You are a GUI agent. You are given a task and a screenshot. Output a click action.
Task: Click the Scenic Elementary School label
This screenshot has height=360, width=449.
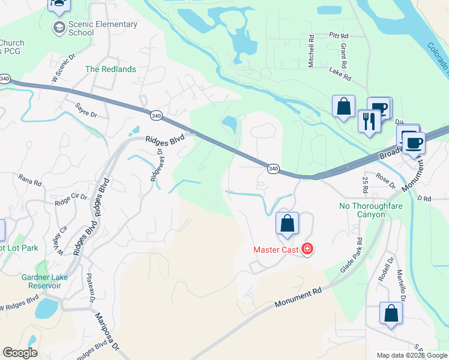tap(103, 28)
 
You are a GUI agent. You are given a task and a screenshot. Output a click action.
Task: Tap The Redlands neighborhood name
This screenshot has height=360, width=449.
tap(110, 69)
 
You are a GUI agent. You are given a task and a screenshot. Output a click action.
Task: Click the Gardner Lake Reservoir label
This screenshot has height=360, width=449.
tap(43, 281)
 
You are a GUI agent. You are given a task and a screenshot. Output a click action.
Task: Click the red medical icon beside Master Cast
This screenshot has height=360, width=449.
tap(307, 248)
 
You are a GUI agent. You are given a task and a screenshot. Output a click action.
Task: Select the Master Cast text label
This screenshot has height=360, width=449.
tap(276, 249)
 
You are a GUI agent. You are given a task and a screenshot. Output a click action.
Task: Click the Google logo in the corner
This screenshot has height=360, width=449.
tap(20, 353)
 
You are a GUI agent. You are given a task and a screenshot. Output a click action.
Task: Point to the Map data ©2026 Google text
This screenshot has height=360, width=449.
tap(411, 355)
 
